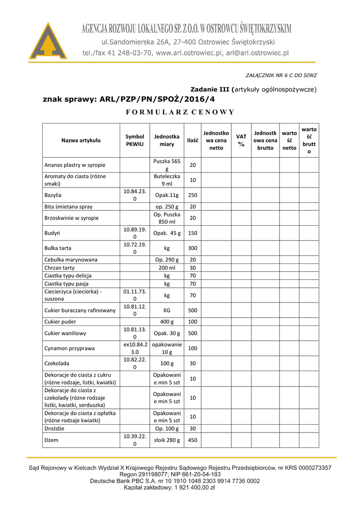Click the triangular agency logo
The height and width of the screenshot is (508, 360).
click(49, 42)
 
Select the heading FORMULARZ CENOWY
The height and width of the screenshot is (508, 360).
click(180, 112)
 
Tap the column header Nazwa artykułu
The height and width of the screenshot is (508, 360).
click(81, 140)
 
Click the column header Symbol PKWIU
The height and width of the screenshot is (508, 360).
click(135, 140)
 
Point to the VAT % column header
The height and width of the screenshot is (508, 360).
click(241, 140)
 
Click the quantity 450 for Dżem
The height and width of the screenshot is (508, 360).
click(193, 440)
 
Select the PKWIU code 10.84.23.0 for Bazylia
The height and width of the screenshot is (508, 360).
click(135, 195)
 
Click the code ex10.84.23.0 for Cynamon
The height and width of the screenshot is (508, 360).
click(135, 348)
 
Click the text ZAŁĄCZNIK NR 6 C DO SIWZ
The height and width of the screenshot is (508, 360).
click(282, 75)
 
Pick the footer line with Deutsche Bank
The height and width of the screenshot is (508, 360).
click(175, 481)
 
